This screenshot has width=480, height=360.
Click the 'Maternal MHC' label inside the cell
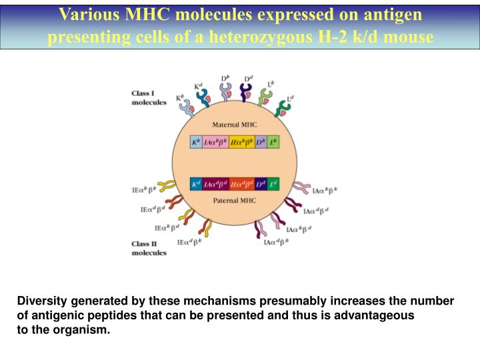pyautogui.click(x=234, y=125)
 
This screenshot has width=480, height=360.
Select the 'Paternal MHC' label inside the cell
pyautogui.click(x=234, y=200)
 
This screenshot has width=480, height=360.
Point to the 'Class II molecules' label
pyautogui.click(x=149, y=249)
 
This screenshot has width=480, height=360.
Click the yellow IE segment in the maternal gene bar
pyautogui.click(x=241, y=142)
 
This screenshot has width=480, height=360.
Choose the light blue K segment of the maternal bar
pyautogui.click(x=196, y=142)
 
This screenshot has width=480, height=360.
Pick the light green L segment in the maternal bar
pyautogui.click(x=273, y=142)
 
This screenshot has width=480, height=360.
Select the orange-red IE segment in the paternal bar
pyautogui.click(x=241, y=183)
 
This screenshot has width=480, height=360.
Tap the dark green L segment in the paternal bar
pyautogui.click(x=273, y=183)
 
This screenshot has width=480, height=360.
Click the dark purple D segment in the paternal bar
pyautogui.click(x=261, y=183)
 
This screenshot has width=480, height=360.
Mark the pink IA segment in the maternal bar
pyautogui.click(x=215, y=142)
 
